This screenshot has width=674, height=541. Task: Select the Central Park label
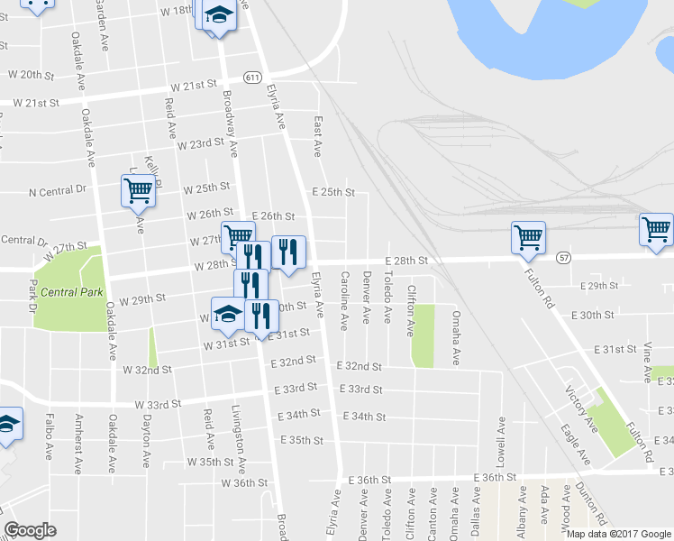(70, 292)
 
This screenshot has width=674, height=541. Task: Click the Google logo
(30, 530)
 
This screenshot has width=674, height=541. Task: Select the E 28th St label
(404, 260)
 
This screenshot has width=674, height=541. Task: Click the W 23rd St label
(200, 143)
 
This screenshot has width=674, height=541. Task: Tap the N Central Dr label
(57, 191)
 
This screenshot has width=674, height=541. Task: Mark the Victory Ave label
(580, 408)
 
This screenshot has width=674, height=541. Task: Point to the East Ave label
(318, 135)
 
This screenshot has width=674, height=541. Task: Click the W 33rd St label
(159, 405)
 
